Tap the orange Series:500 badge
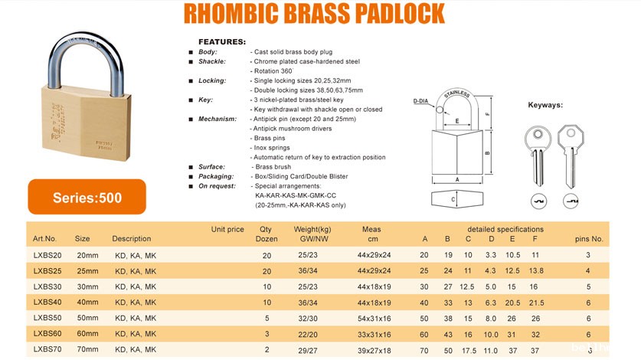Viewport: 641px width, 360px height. pyautogui.click(x=87, y=197)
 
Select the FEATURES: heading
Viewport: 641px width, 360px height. pyautogui.click(x=222, y=41)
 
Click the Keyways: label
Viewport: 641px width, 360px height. pyautogui.click(x=545, y=105)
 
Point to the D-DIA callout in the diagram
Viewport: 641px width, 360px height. pyautogui.click(x=420, y=100)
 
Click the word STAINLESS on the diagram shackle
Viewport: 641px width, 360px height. pyautogui.click(x=457, y=94)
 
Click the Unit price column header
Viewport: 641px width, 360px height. pyautogui.click(x=227, y=229)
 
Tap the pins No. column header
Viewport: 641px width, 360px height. pyautogui.click(x=589, y=238)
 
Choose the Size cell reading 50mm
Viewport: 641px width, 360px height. pyautogui.click(x=87, y=317)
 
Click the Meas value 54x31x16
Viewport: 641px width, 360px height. pyautogui.click(x=374, y=317)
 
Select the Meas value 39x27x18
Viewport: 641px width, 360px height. pyautogui.click(x=374, y=349)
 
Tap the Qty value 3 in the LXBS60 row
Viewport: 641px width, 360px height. pyautogui.click(x=266, y=333)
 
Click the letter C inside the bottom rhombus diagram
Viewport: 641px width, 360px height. pyautogui.click(x=452, y=201)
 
